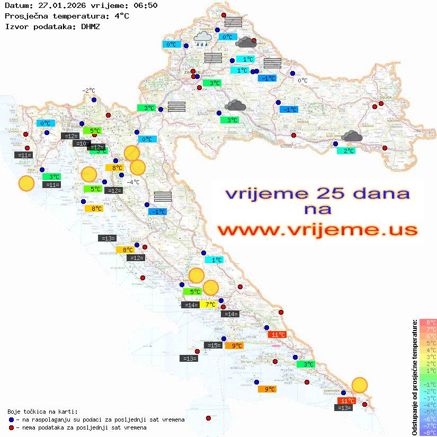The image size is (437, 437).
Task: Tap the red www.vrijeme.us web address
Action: click(x=317, y=230)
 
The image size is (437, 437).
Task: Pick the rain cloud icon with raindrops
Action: click(x=202, y=38)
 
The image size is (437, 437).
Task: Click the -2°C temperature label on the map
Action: click(x=88, y=91)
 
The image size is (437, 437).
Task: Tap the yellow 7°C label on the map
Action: click(x=210, y=305)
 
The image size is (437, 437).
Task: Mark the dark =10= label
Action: click(x=81, y=144)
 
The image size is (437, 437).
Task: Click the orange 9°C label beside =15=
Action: click(x=234, y=346)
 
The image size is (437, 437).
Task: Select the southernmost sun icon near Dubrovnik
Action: click(x=360, y=385)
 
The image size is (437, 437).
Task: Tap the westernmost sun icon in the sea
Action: click(x=26, y=183)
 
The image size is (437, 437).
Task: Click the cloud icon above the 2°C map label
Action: click(x=351, y=137)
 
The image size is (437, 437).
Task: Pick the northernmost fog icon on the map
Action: click(x=233, y=22)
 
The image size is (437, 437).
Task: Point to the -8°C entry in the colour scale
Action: click(x=427, y=432)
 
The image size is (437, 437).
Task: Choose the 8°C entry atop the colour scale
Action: click(x=427, y=322)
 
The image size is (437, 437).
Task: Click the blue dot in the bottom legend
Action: click(x=12, y=420)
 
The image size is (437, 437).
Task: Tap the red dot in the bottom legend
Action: click(x=12, y=427)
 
